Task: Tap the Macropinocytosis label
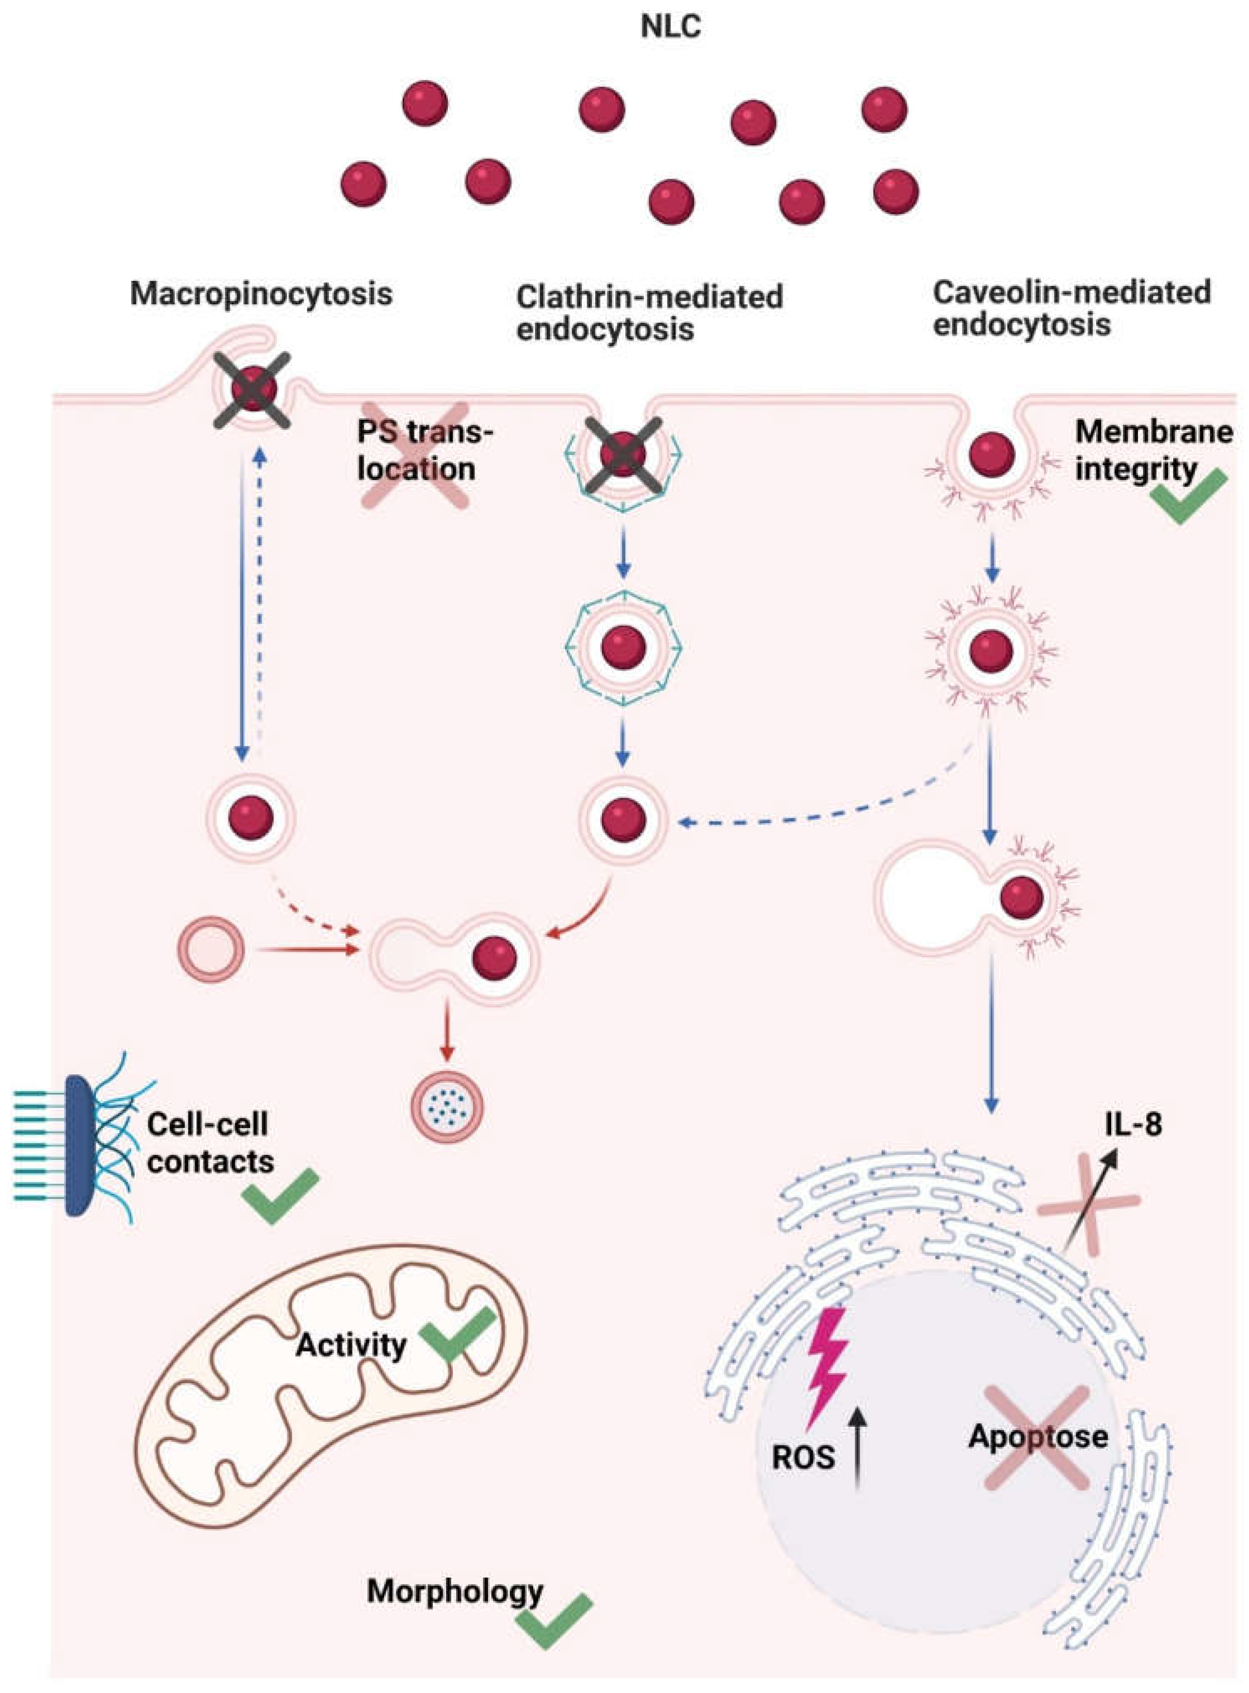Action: [262, 293]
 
